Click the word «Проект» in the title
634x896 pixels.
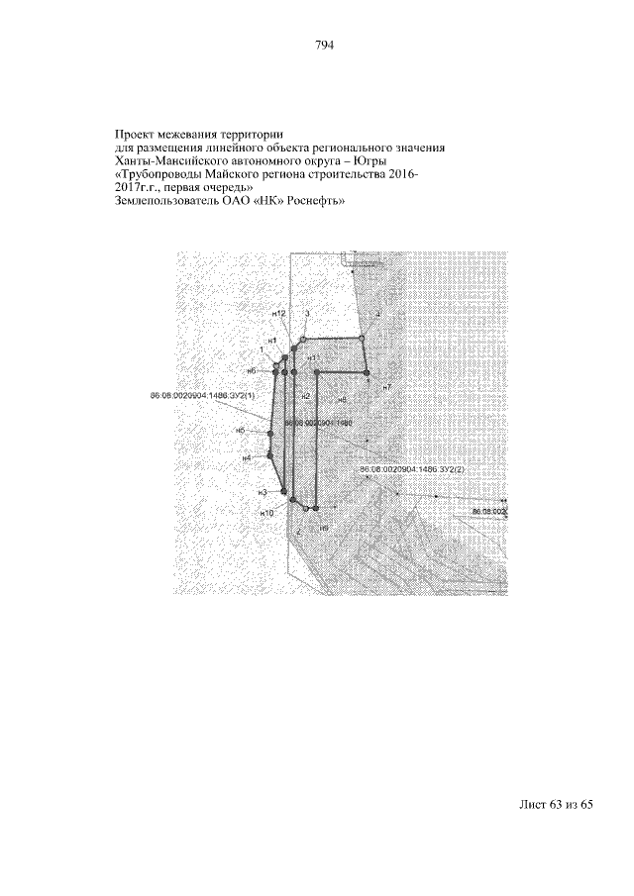coord(136,133)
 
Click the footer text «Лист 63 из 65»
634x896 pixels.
coord(555,804)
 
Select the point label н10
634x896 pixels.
coord(265,514)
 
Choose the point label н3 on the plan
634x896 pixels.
coord(263,492)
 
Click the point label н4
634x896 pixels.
coord(246,458)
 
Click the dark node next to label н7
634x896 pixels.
coord(366,372)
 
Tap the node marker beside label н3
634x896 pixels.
coord(283,492)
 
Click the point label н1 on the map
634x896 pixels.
coord(270,341)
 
